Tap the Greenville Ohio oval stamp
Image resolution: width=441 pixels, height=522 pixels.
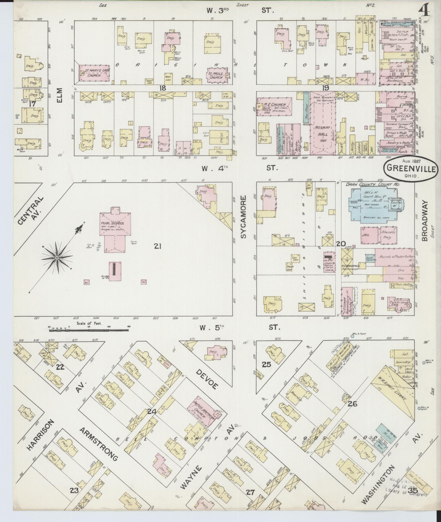(410, 169)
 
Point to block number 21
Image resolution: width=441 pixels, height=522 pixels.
(158, 246)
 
